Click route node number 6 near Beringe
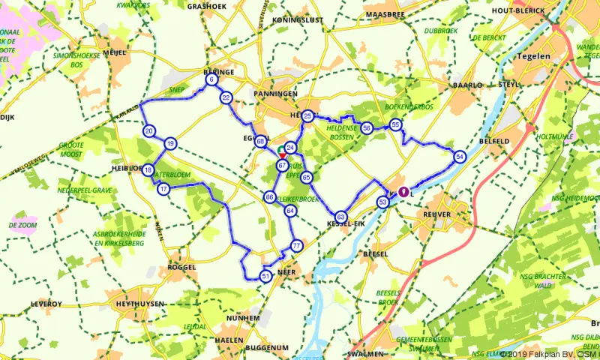point(212,80)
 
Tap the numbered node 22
point(226,97)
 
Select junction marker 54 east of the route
point(460,156)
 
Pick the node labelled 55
point(396,124)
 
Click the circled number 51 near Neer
point(265,277)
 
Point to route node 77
point(297,246)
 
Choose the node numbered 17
point(163,190)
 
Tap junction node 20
point(149,131)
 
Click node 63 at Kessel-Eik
point(340,216)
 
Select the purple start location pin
point(403,191)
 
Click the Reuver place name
point(437,214)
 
